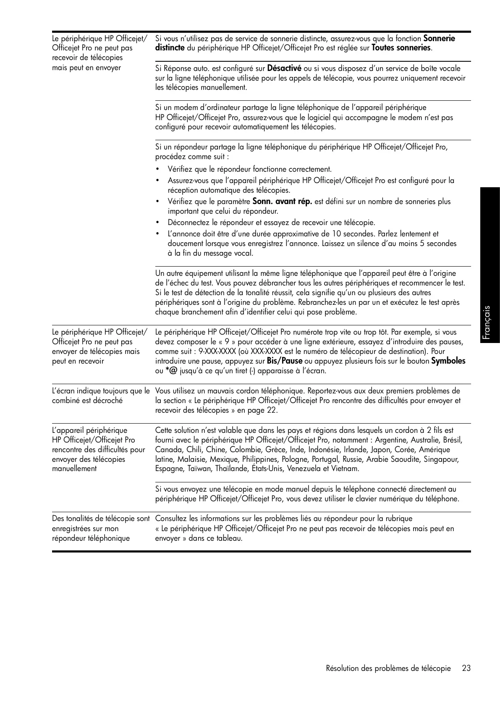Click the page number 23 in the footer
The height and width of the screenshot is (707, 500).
466,668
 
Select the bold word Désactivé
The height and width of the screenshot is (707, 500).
284,68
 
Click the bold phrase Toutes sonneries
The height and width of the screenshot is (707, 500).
401,48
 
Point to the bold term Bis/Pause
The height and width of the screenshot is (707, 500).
285,361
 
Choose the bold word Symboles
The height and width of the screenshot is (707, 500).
448,361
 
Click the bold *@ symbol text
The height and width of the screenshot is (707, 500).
171,371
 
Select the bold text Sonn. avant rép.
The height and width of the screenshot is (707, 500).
282,202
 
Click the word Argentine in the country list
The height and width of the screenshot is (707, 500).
391,440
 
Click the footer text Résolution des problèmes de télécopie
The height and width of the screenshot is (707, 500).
388,668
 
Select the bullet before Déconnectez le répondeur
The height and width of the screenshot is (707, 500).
158,223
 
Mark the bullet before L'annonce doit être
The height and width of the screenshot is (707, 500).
158,234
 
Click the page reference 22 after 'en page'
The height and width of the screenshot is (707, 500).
272,410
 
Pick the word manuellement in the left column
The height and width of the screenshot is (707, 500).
74,469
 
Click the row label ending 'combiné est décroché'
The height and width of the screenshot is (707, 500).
87,401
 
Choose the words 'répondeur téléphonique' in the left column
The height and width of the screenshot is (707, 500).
91,538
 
